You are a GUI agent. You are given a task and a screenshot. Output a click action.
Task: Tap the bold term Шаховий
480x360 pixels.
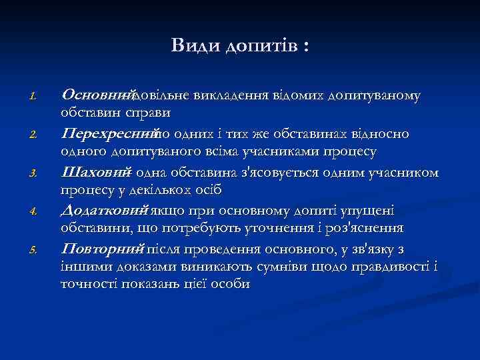95,173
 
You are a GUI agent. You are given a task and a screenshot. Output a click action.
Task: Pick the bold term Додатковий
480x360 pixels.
103,211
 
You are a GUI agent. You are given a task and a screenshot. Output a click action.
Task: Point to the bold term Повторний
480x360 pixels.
102,249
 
